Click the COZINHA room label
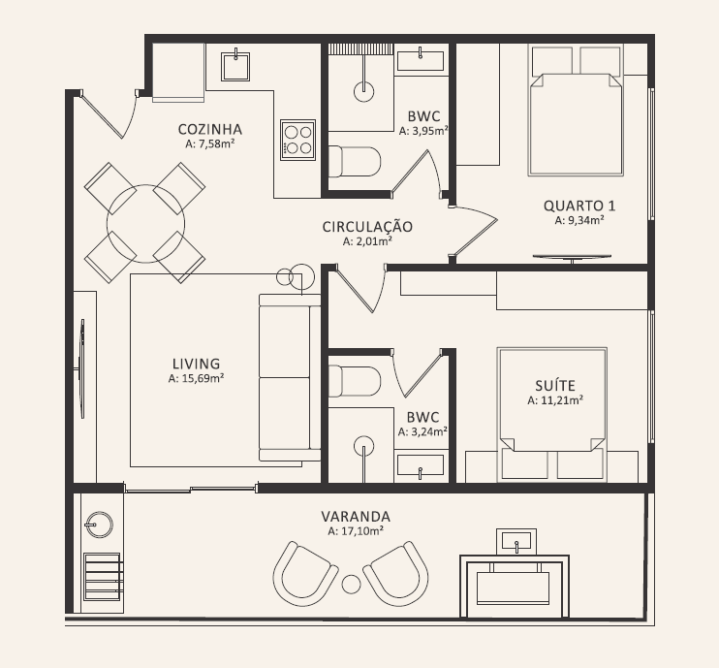(x=210, y=129)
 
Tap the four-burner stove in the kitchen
(x=298, y=140)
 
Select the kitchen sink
(x=235, y=66)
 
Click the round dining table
(x=145, y=223)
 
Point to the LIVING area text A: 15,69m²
(x=197, y=378)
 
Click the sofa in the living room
(x=290, y=377)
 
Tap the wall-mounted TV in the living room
(x=81, y=368)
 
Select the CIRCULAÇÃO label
(x=367, y=227)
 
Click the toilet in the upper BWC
(x=355, y=162)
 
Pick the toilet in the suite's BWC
(x=355, y=381)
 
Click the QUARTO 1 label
(x=579, y=206)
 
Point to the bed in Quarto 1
(x=576, y=111)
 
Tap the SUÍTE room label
(x=555, y=386)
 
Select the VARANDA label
(x=356, y=517)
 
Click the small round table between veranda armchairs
(x=351, y=584)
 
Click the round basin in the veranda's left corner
(x=99, y=525)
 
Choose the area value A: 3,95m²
(x=423, y=131)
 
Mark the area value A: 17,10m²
(x=356, y=531)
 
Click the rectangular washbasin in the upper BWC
(x=421, y=61)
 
